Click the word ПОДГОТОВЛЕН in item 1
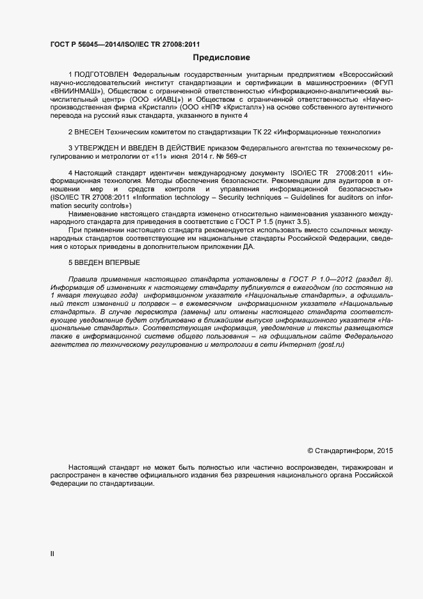pyautogui.click(x=101, y=75)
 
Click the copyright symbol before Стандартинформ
pyautogui.click(x=311, y=451)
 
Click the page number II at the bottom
pyautogui.click(x=52, y=554)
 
